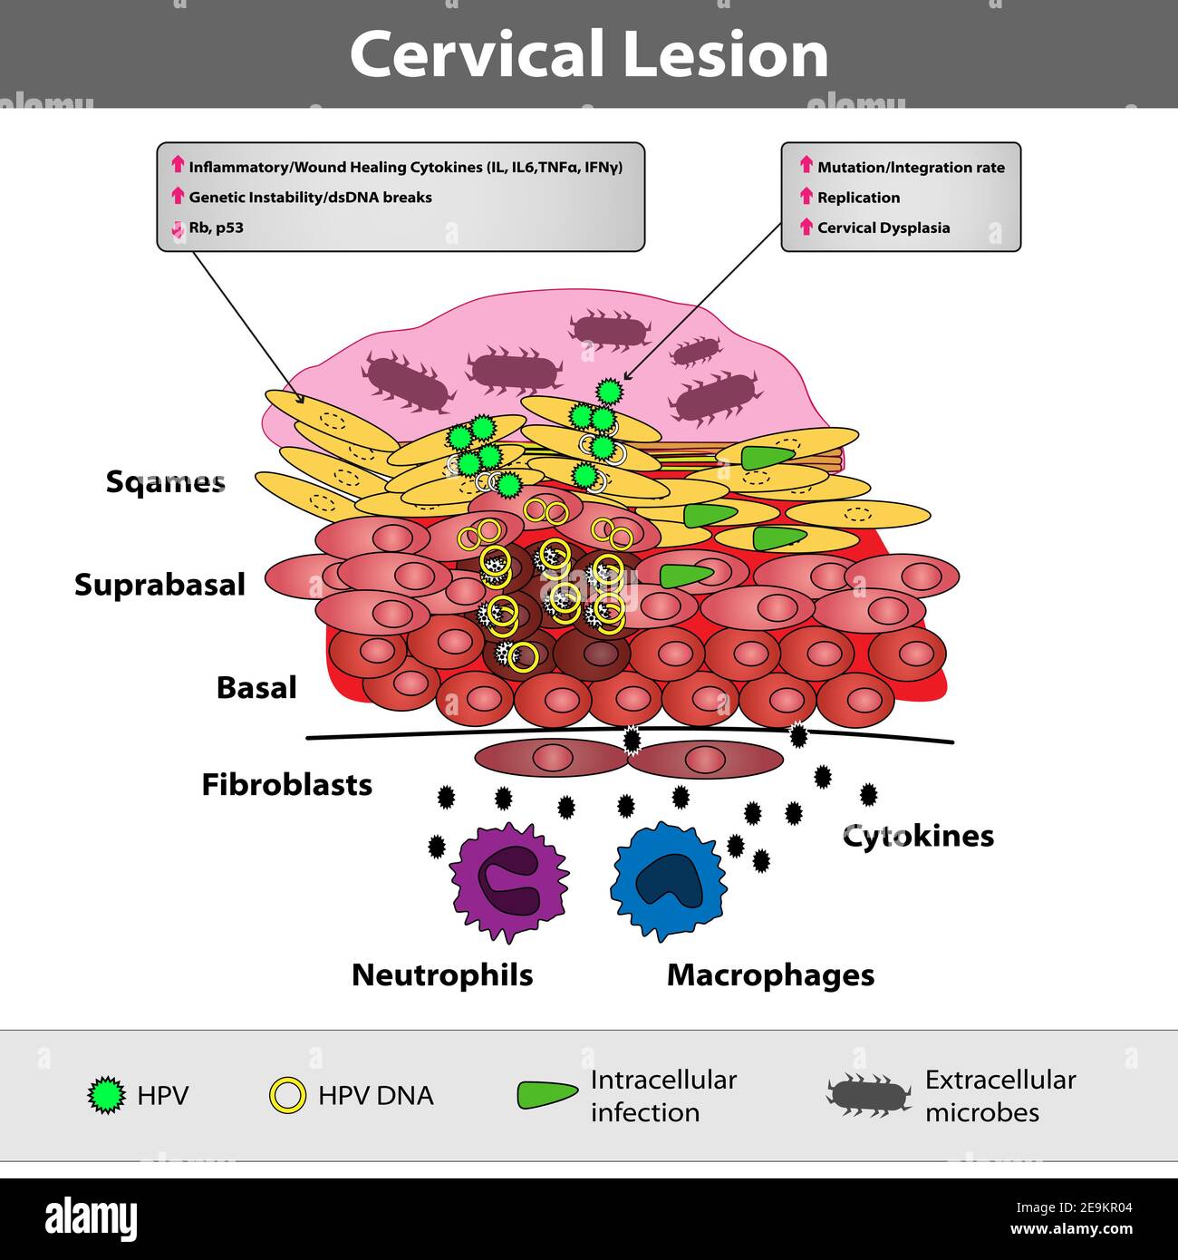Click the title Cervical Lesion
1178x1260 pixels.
point(589,54)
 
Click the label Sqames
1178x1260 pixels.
point(165,481)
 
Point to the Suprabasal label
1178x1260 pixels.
point(159,585)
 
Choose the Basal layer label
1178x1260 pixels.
point(256,688)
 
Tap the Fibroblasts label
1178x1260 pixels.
point(286,784)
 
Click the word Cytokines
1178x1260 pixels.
point(918,836)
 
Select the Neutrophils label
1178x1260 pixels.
point(442,975)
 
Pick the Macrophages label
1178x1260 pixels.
point(770,975)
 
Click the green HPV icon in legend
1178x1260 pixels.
point(107,1095)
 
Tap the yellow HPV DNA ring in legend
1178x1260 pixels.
point(288,1095)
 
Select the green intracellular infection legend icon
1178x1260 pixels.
point(546,1095)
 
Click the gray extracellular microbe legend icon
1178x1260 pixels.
point(868,1095)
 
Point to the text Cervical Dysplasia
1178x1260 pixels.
point(883,228)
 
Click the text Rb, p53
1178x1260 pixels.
point(216,228)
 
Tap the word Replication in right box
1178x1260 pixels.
point(858,198)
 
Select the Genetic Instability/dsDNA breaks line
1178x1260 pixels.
point(310,198)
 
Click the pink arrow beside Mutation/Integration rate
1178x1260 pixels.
point(806,165)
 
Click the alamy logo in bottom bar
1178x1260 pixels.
point(91,1219)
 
